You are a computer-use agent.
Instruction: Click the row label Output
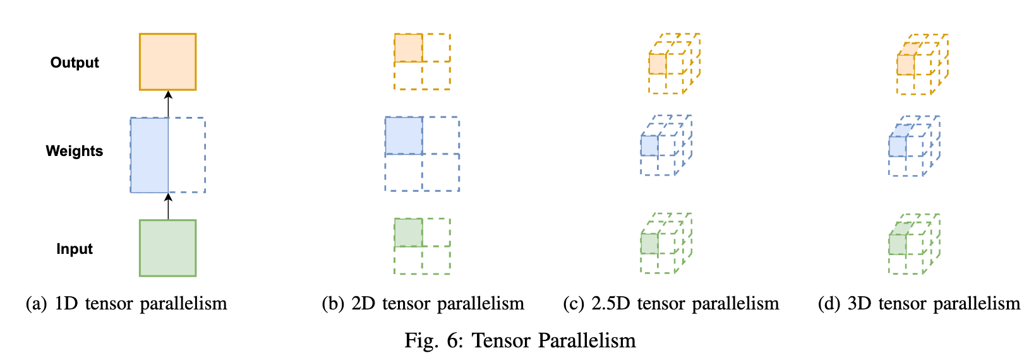[75, 63]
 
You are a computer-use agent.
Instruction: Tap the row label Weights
[74, 151]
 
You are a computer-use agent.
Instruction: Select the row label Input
[75, 249]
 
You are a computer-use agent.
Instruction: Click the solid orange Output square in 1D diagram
[167, 62]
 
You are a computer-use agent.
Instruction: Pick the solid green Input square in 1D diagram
[167, 248]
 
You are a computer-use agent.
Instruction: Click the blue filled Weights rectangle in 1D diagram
[149, 155]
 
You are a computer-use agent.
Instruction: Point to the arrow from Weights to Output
[168, 104]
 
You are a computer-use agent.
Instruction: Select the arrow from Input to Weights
[168, 207]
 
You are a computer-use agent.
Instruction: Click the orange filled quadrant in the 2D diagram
[408, 48]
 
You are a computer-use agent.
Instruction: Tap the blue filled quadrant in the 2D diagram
[404, 136]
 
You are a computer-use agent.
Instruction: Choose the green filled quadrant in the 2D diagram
[408, 232]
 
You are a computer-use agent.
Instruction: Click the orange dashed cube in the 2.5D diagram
[673, 64]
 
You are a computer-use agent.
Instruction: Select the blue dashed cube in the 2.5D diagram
[666, 146]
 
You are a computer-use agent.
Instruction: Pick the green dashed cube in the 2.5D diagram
[666, 244]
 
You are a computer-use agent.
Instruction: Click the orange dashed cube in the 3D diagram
[922, 64]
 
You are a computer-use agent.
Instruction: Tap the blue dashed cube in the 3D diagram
[913, 146]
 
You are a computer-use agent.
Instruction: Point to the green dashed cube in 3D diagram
[913, 244]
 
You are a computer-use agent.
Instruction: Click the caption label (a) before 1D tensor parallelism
[36, 304]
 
